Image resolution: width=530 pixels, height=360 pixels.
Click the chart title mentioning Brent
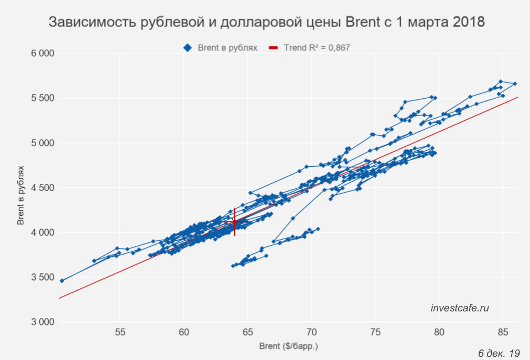click(267, 23)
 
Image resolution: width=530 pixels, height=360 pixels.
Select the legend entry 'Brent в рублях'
click(221, 48)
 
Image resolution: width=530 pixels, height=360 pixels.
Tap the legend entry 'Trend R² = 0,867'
click(311, 48)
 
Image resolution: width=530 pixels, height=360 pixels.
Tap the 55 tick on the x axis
click(120, 332)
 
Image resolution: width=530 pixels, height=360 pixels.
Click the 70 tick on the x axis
click(312, 332)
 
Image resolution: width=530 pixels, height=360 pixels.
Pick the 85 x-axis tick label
click(502, 332)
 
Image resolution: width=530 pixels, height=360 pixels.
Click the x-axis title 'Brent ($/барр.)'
click(289, 347)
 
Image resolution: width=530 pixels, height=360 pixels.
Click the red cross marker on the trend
click(234, 221)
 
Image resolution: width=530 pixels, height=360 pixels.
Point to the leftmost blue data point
click(62, 280)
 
